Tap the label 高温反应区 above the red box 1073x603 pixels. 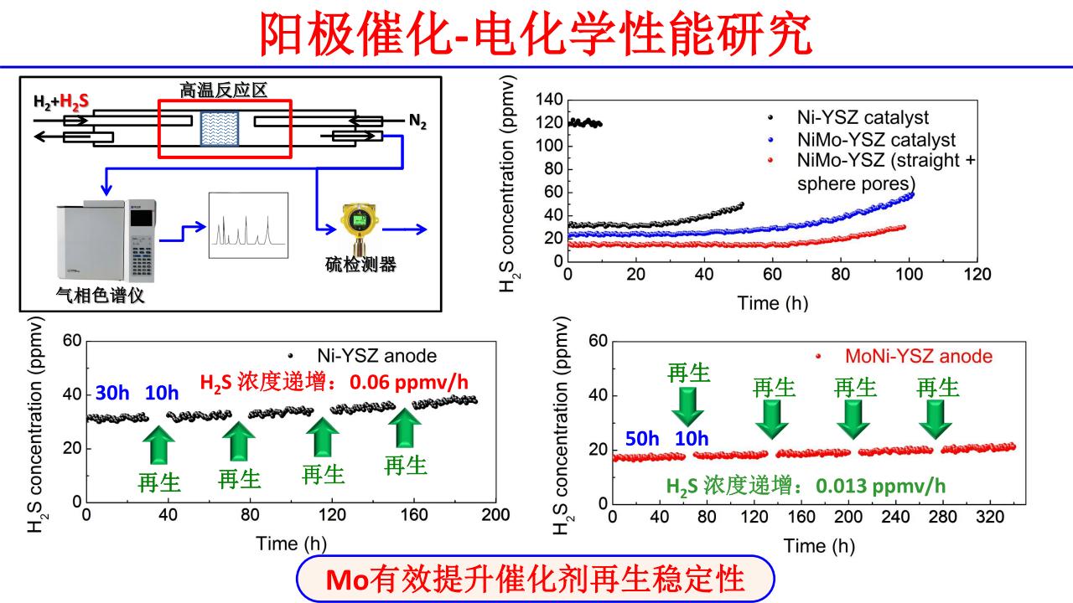pos(224,90)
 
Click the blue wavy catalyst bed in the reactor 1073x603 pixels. pos(220,126)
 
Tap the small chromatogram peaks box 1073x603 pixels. pos(248,224)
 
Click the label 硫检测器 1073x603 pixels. pos(360,265)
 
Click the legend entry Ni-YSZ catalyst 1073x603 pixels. pos(859,118)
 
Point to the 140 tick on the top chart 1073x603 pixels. pos(550,100)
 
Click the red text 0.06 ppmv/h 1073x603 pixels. pos(417,383)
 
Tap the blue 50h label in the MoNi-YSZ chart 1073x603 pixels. pos(642,439)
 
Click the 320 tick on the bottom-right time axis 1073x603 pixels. pos(1003,517)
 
